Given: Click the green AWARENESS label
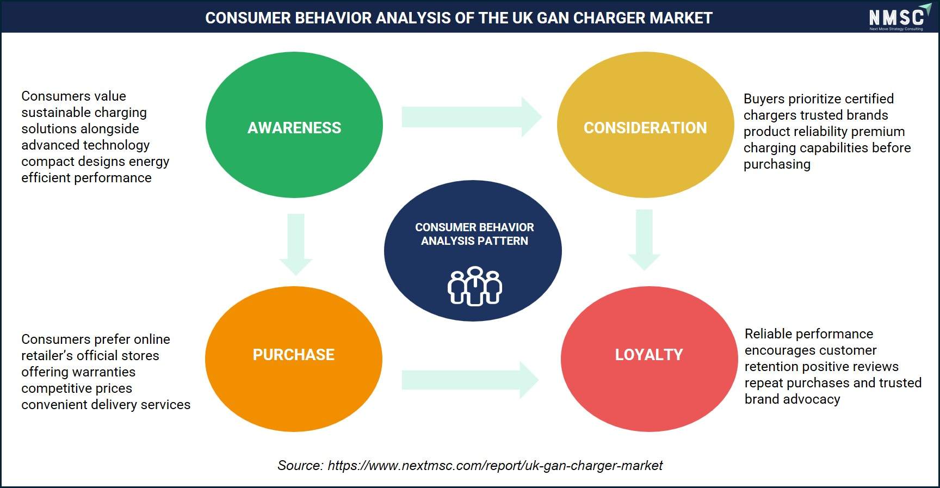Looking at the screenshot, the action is tap(294, 128).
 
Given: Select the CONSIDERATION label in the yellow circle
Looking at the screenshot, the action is tap(645, 128).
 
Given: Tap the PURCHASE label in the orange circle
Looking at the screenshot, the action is tap(294, 355).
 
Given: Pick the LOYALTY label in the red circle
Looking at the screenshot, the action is tap(649, 355).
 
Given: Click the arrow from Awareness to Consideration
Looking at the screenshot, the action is tap(472, 117).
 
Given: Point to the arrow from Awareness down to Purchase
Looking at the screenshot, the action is tap(296, 244).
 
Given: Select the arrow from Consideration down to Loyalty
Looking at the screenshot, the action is tap(644, 240).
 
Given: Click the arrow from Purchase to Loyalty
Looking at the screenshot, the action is tap(470, 380).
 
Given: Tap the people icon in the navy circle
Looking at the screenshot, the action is tap(474, 286).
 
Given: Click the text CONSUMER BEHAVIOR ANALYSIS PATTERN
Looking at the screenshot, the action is tap(474, 234).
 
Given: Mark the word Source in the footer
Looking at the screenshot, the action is tap(300, 466).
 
